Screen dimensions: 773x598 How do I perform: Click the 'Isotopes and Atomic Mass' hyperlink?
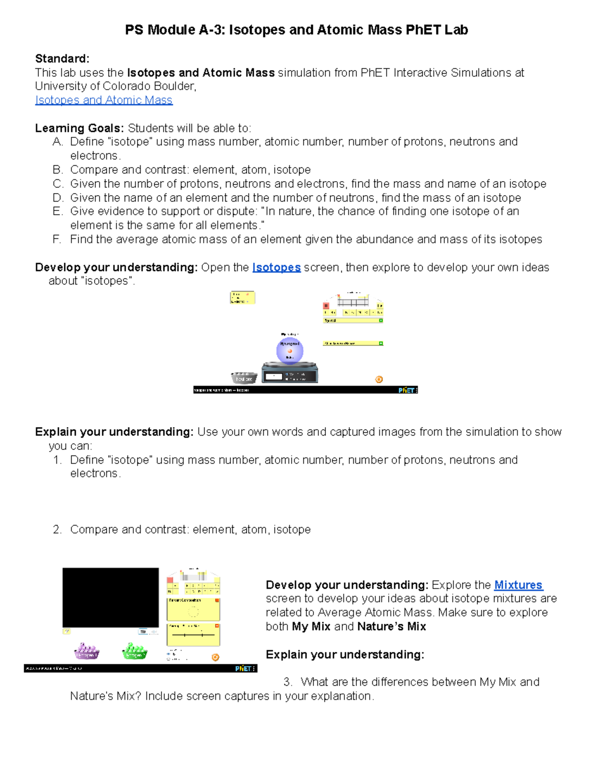[x=104, y=100]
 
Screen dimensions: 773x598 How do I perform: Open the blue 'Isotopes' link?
[x=276, y=267]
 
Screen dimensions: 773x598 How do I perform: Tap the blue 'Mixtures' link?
[x=518, y=585]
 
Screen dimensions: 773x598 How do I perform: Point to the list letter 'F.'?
[x=57, y=239]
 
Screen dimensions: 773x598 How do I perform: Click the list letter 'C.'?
[x=58, y=184]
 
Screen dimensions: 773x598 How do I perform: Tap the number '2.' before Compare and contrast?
[x=57, y=529]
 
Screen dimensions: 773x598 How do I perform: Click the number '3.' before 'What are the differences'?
[x=287, y=682]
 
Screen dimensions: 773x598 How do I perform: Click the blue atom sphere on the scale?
[x=290, y=350]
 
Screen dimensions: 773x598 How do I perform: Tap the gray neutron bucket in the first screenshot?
[x=244, y=378]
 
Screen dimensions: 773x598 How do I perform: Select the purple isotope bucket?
[x=87, y=651]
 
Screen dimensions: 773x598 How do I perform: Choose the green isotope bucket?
[x=135, y=651]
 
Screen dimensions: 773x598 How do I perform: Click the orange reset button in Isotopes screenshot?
[x=379, y=379]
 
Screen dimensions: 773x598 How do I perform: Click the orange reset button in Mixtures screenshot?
[x=215, y=657]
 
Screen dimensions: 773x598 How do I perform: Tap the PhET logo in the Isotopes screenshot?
[x=406, y=390]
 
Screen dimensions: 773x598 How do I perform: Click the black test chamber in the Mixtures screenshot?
[x=111, y=597]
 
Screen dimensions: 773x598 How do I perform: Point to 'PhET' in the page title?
[x=423, y=30]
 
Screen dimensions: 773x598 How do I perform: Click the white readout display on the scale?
[x=274, y=377]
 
